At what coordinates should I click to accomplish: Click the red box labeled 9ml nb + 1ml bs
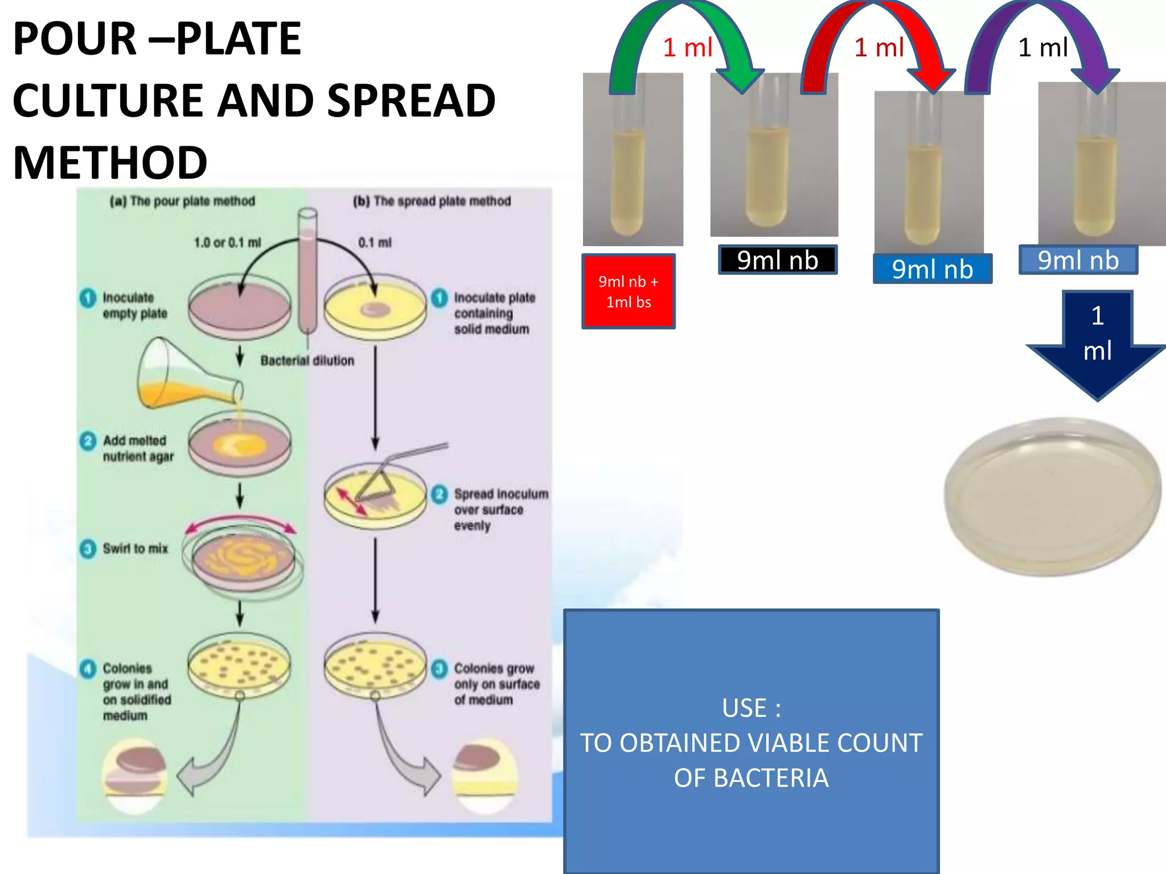[628, 291]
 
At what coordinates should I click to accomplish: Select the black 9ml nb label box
[777, 260]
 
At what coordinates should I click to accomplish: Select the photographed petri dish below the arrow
[1052, 496]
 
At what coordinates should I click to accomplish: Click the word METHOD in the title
[110, 163]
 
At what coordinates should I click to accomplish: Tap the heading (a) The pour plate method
[182, 201]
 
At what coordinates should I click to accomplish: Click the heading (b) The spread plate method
[432, 201]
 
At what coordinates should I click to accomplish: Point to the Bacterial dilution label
[307, 360]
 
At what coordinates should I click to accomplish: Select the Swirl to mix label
[135, 549]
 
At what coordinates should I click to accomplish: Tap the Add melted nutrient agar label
[137, 448]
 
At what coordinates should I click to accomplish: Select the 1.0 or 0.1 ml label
[227, 242]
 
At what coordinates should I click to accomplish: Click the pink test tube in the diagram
[307, 273]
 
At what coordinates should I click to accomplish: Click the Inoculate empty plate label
[134, 306]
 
